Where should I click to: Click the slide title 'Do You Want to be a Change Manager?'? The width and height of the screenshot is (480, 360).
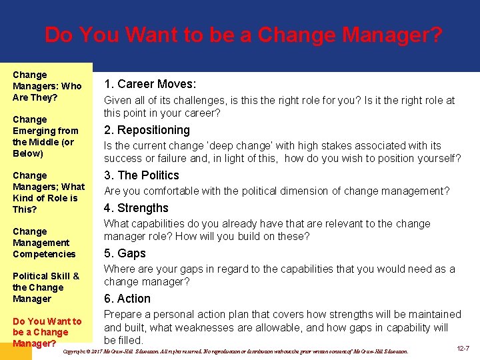click(x=243, y=35)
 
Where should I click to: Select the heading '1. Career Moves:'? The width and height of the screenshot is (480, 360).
click(x=149, y=85)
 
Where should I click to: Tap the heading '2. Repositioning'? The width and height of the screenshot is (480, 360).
click(x=147, y=130)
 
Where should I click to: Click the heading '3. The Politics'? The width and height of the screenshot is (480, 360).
click(x=141, y=175)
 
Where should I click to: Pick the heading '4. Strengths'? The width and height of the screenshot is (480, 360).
click(x=136, y=208)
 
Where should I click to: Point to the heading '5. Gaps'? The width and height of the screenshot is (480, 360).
click(x=125, y=253)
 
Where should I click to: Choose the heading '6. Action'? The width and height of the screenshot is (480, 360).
click(x=127, y=299)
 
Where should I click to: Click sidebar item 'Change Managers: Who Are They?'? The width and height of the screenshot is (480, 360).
click(x=47, y=86)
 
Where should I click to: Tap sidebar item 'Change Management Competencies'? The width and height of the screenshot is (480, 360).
click(x=44, y=243)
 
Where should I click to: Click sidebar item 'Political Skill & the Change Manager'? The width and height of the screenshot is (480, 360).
click(x=45, y=287)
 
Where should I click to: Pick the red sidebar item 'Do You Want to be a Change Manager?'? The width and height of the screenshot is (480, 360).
click(x=47, y=332)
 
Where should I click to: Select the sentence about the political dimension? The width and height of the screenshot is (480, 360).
click(x=277, y=191)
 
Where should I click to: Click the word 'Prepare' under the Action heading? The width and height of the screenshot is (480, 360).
click(x=124, y=314)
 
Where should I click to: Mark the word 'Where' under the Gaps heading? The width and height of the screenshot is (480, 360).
click(x=119, y=269)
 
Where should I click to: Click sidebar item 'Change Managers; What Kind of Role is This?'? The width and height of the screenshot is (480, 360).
click(x=48, y=192)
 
